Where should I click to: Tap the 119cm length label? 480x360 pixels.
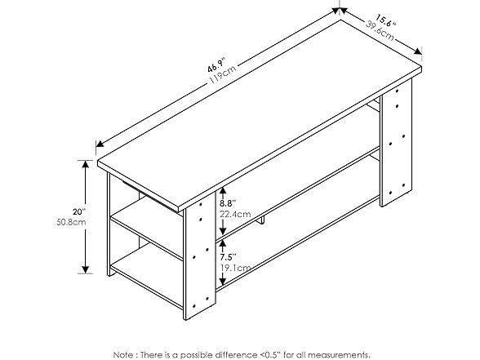[223, 74]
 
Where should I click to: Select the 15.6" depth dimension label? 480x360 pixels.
[385, 20]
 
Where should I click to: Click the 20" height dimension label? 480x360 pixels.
[79, 211]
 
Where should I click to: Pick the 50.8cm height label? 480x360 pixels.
[71, 222]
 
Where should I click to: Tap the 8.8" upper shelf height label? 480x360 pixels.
[228, 203]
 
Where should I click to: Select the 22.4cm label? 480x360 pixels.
[235, 214]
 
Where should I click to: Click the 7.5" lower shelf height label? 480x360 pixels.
[228, 256]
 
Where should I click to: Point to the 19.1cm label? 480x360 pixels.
[235, 268]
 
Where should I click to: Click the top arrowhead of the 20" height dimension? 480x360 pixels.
[86, 164]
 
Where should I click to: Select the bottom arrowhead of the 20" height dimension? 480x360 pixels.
[86, 269]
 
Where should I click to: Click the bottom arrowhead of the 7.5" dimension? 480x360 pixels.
[223, 281]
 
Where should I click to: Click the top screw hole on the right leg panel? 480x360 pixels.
[398, 91]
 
